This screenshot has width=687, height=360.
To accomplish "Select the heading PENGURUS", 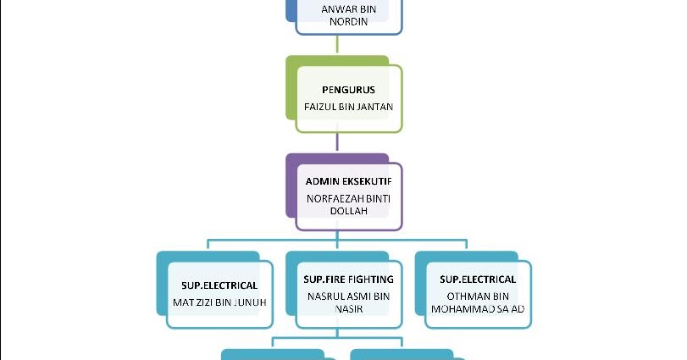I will pos(348,90).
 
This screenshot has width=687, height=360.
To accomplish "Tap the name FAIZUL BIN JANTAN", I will pos(348,107).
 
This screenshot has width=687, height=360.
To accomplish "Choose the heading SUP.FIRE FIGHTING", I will pos(348,279).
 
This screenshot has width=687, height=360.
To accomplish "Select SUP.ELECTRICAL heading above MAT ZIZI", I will pos(219,279).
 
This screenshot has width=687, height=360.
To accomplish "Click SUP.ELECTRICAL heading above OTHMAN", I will pos(477,279).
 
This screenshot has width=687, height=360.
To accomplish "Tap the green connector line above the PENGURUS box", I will pos(337,47).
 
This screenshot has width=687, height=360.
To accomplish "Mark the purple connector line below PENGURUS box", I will pos(337,144).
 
